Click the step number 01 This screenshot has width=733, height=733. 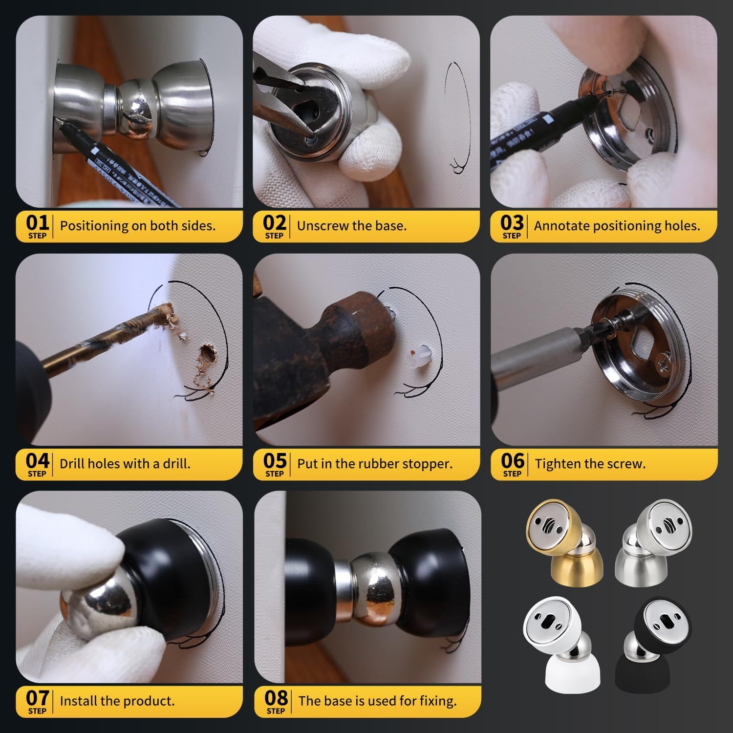pyautogui.click(x=38, y=222)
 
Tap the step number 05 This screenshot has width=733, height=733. pyautogui.click(x=275, y=460)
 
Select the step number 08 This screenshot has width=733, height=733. pyautogui.click(x=276, y=698)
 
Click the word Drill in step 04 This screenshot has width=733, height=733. pyautogui.click(x=71, y=463)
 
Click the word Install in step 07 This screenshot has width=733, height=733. pyautogui.click(x=78, y=701)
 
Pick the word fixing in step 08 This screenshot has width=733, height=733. pyautogui.click(x=438, y=702)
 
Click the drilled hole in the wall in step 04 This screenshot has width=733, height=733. pyautogui.click(x=208, y=353)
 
